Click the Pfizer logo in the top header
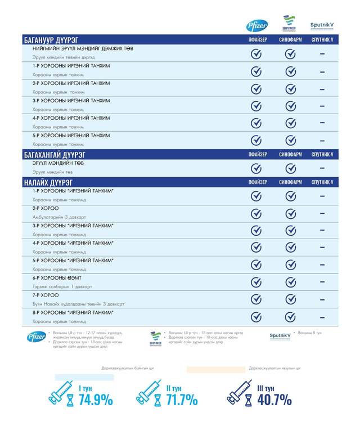[257, 26]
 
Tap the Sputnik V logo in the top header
[322, 26]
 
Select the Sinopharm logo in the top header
[290, 24]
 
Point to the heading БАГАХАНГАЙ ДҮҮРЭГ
[57, 154]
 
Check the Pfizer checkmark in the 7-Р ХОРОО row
[256, 299]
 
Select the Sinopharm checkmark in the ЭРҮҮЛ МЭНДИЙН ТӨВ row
[290, 168]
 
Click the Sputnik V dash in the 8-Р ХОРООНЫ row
[322, 316]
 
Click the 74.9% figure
[96, 400]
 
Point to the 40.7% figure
[274, 400]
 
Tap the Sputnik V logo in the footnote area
[280, 335]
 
